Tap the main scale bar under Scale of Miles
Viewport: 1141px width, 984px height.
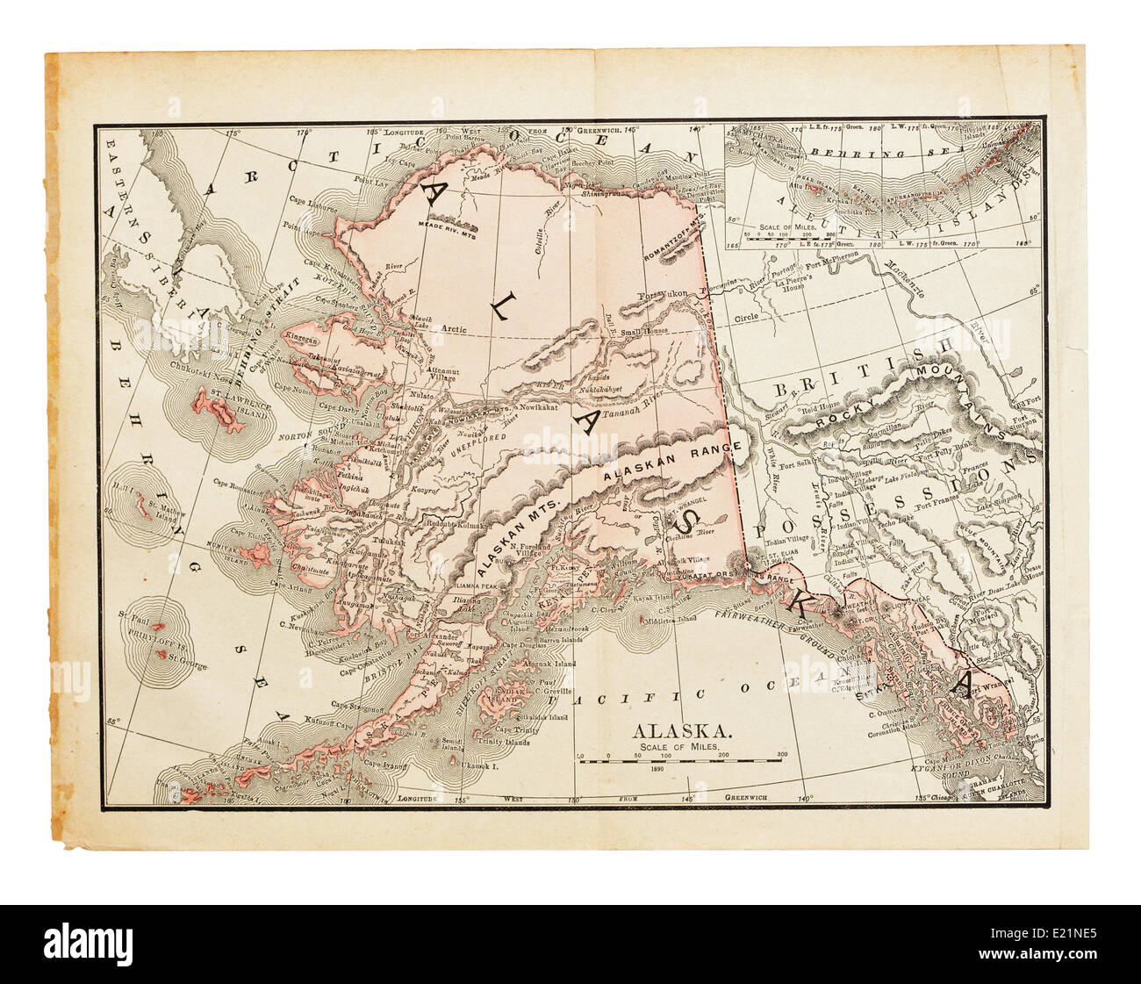679,760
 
